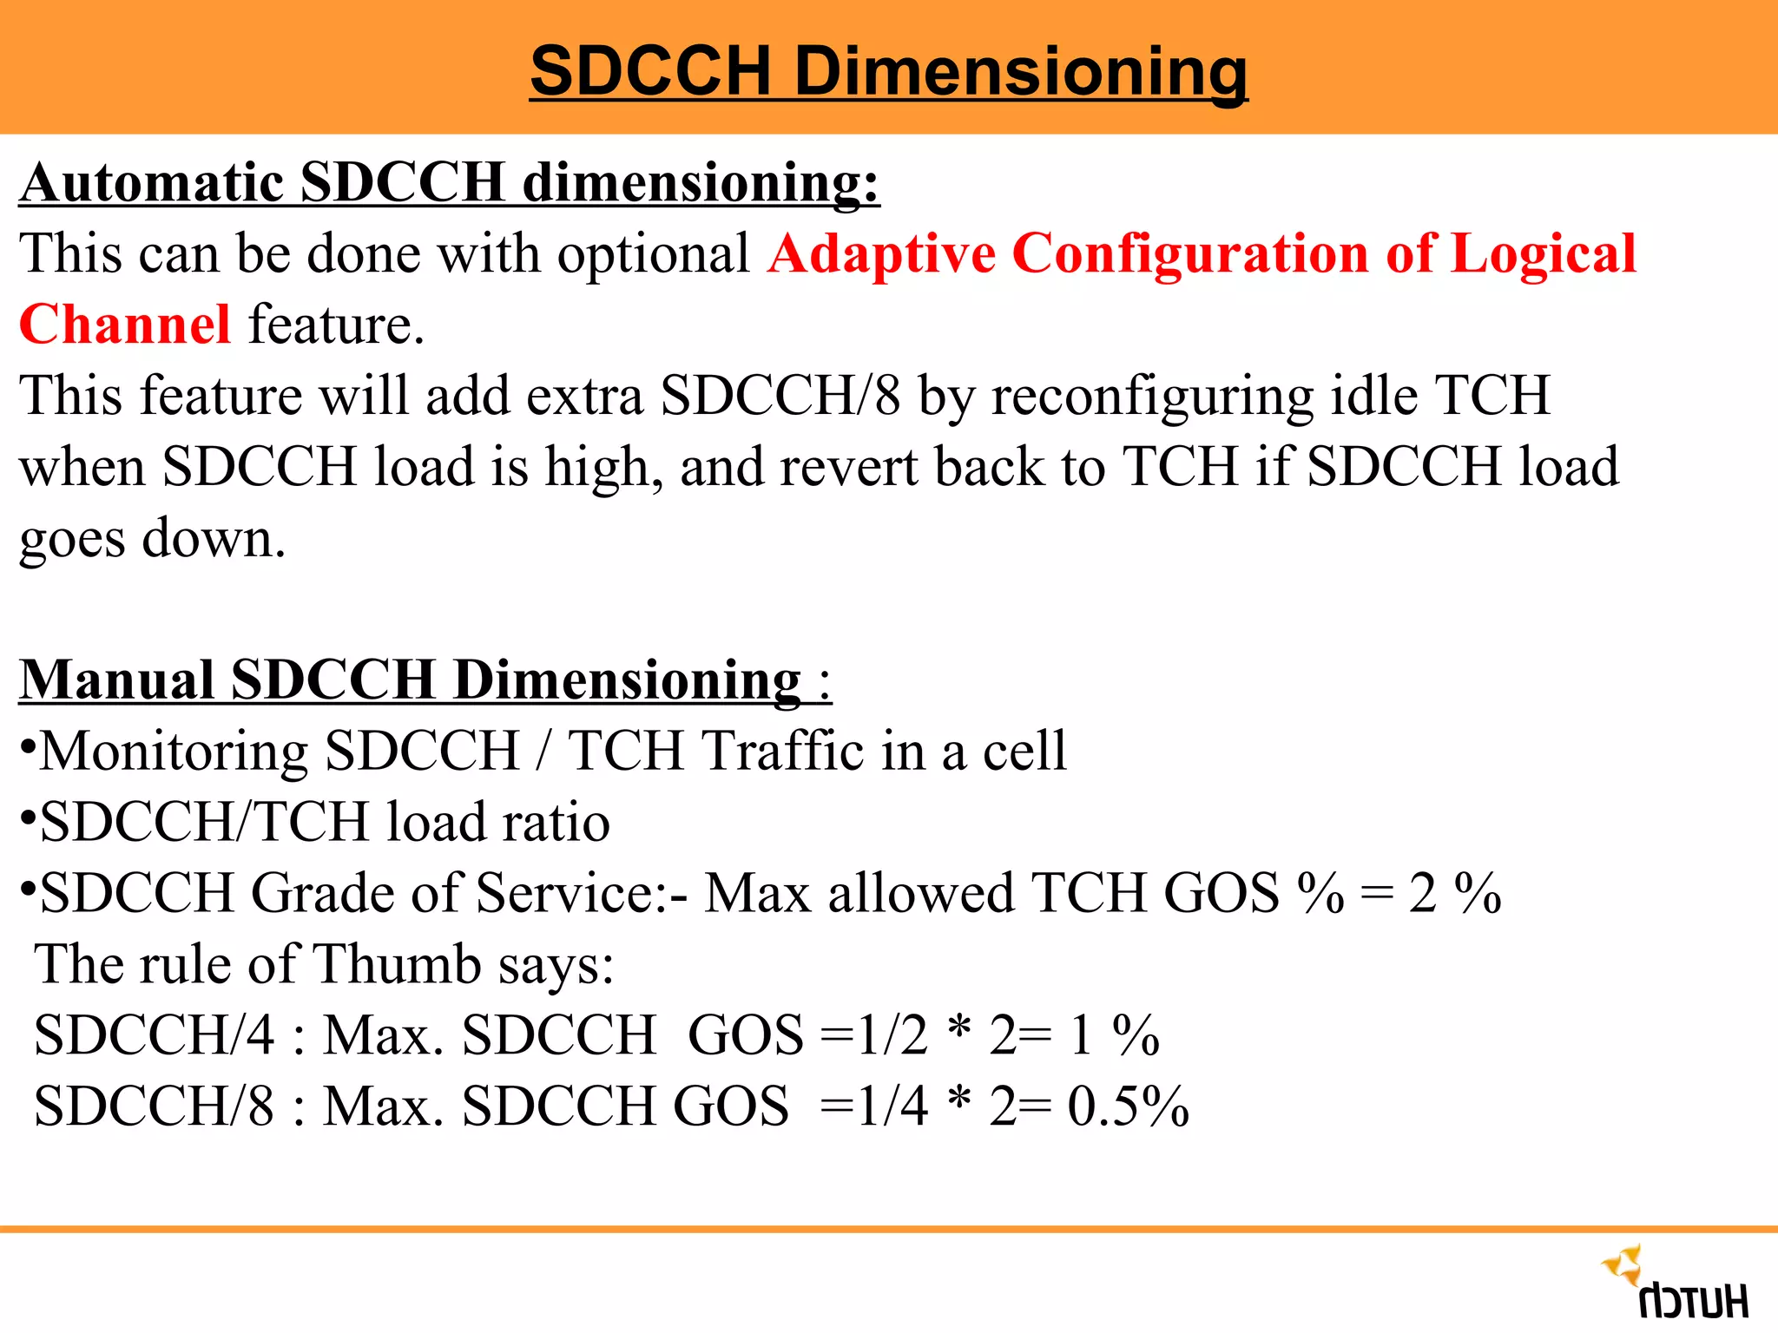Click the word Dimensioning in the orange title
click(x=1021, y=71)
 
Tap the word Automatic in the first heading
click(x=153, y=183)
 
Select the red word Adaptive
click(x=881, y=254)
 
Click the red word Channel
click(x=125, y=325)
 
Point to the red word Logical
click(x=1544, y=254)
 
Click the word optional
click(x=654, y=254)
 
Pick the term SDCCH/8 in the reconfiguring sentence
click(x=780, y=397)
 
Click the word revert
click(x=847, y=468)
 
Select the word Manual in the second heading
click(x=117, y=680)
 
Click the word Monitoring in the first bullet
click(x=174, y=752)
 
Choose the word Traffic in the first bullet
click(x=782, y=751)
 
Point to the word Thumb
click(x=398, y=964)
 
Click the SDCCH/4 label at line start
click(x=155, y=1035)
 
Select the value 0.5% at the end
click(x=1128, y=1106)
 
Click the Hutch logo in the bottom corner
click(x=1676, y=1283)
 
